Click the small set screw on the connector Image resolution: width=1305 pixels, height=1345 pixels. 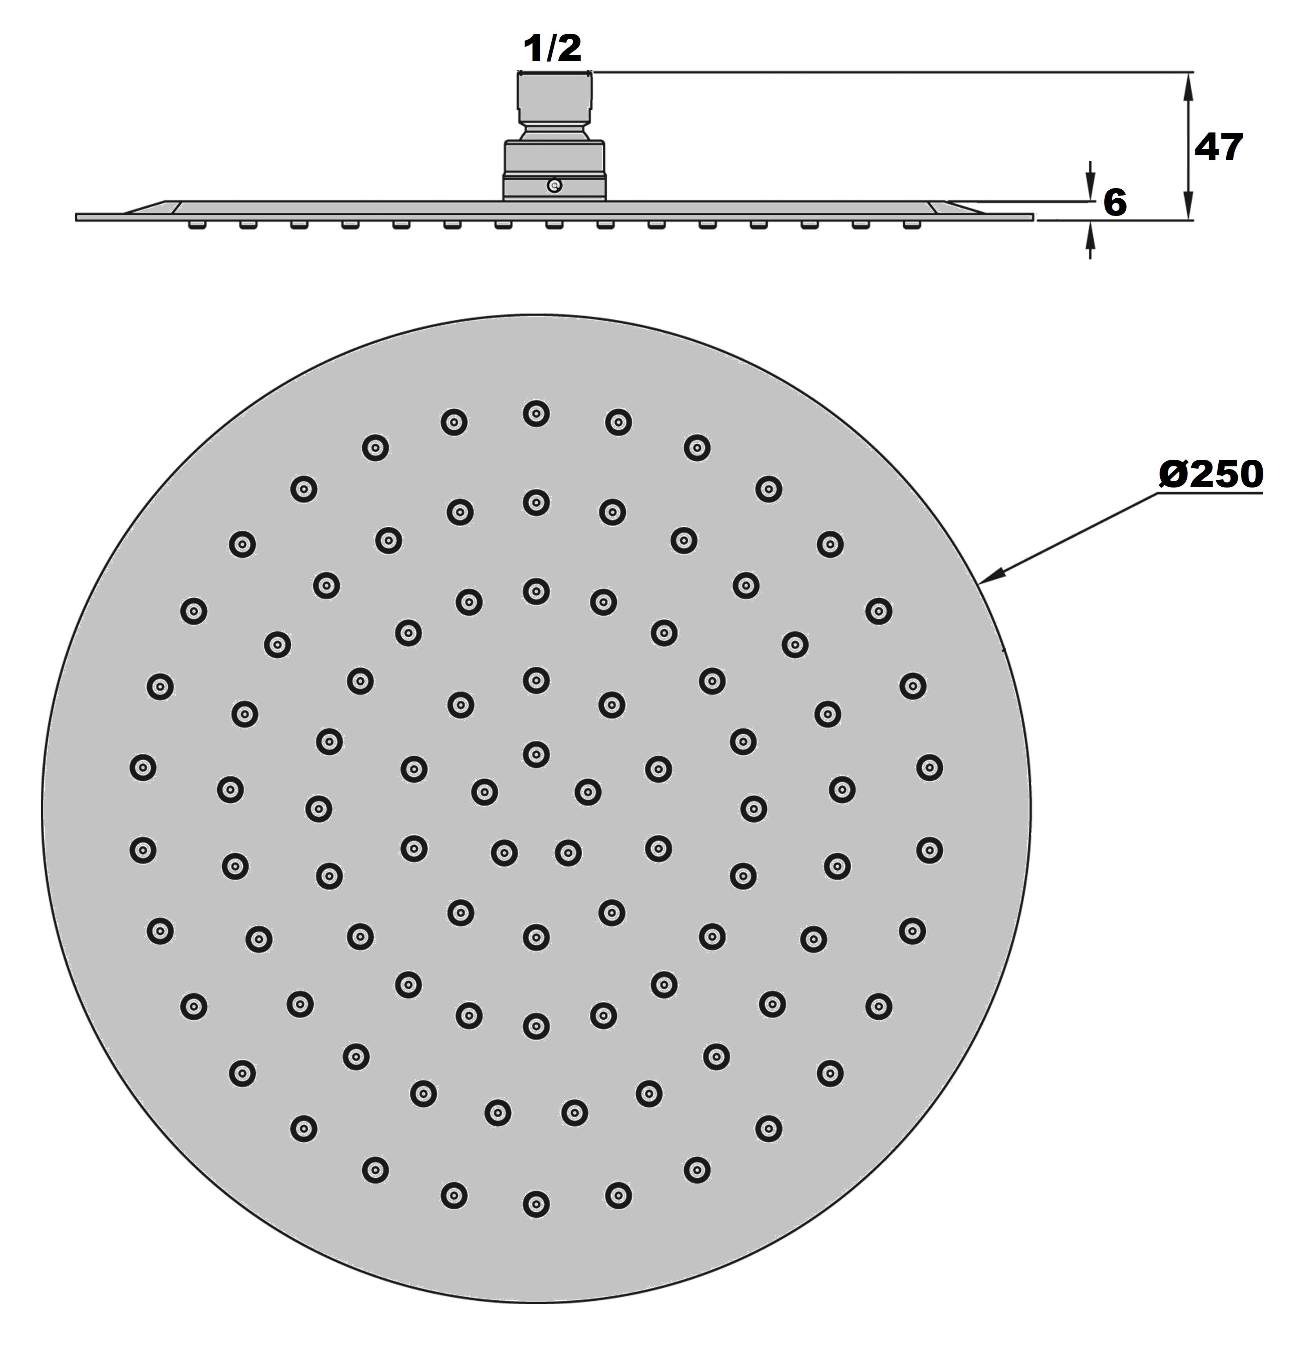554,185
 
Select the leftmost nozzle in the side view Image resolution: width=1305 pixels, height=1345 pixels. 196,225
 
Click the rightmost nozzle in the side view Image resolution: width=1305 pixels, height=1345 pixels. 912,225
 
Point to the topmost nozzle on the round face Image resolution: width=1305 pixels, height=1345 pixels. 536,414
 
